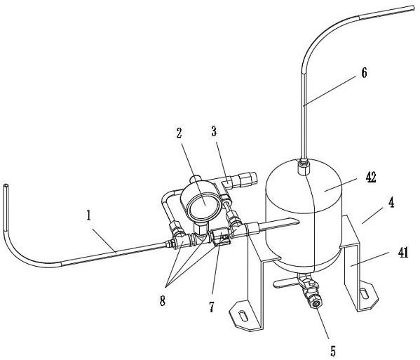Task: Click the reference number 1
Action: click(x=88, y=215)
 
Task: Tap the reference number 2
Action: click(x=179, y=133)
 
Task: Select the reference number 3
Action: click(x=214, y=131)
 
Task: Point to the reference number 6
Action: click(x=364, y=73)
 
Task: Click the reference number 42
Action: click(x=371, y=178)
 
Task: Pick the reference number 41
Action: click(x=403, y=253)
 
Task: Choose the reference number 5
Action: click(x=333, y=351)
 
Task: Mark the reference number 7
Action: click(x=212, y=307)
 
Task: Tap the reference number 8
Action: click(x=163, y=301)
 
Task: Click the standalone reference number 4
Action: click(x=391, y=203)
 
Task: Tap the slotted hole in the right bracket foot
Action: click(x=365, y=293)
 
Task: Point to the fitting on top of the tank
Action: click(x=304, y=166)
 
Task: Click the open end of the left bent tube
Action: click(x=6, y=185)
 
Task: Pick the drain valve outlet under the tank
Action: click(x=317, y=304)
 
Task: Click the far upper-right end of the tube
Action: click(x=414, y=8)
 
